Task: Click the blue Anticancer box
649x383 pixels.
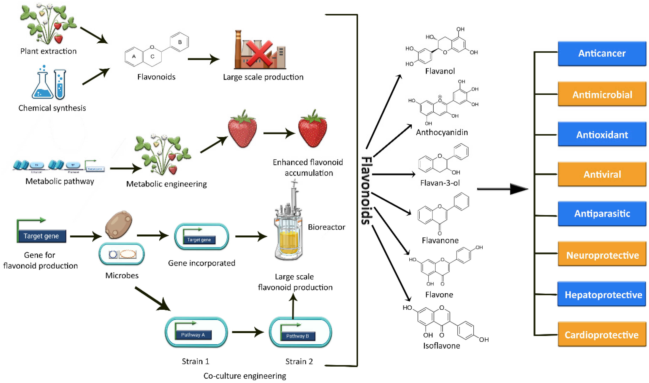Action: [x=602, y=53]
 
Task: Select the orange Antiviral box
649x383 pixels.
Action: [x=602, y=174]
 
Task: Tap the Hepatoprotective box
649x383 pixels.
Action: [x=602, y=294]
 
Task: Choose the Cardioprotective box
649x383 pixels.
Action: [x=602, y=334]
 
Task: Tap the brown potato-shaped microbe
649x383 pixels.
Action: [x=119, y=224]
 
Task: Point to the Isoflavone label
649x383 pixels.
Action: [x=441, y=345]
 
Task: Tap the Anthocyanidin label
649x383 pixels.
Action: [x=441, y=132]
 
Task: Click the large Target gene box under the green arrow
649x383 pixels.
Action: [x=41, y=236]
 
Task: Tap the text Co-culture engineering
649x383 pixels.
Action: [x=245, y=376]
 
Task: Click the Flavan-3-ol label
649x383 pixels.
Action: [x=440, y=183]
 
